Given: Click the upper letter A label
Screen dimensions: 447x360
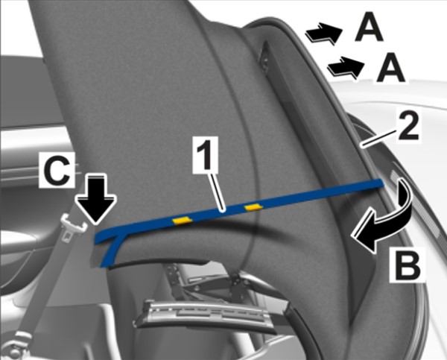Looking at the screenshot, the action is pos(369,27).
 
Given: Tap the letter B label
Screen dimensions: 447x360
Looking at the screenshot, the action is pos(408,264).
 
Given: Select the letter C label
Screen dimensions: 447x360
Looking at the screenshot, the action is pos(57,169).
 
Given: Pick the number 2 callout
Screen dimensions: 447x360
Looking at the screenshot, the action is pos(408,125).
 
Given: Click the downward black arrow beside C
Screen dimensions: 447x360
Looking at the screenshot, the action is pos(96,199).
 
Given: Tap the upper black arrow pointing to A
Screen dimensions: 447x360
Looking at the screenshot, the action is pos(323,33).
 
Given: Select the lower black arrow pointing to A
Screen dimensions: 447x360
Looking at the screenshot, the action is pos(345,67).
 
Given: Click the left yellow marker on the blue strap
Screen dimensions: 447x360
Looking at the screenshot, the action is pos(182,220).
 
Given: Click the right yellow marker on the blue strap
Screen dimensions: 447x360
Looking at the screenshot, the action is pos(254,207).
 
